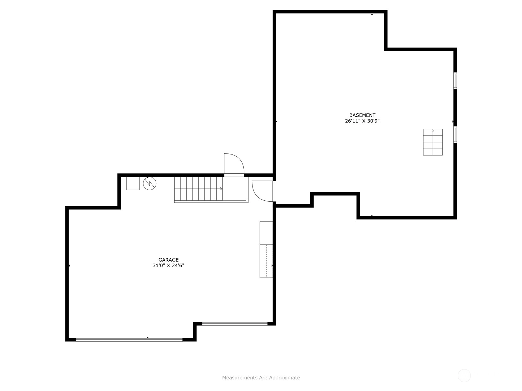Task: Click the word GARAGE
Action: coord(168,260)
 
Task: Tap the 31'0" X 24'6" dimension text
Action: coord(168,266)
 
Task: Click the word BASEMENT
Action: coord(362,115)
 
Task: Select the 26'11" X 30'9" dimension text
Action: coord(362,121)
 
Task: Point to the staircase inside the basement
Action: coord(433,142)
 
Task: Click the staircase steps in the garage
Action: coord(198,189)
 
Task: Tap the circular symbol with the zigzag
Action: coord(149,183)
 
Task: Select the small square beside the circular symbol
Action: coord(133,183)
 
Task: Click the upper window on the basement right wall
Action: coord(455,80)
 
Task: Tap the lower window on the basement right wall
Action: coord(455,134)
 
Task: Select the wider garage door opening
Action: coord(129,340)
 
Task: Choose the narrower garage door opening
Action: coord(235,324)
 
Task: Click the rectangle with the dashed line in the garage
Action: coord(266,261)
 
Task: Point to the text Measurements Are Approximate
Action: coord(261,377)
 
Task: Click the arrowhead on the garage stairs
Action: coord(221,189)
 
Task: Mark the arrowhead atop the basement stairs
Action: coord(433,130)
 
